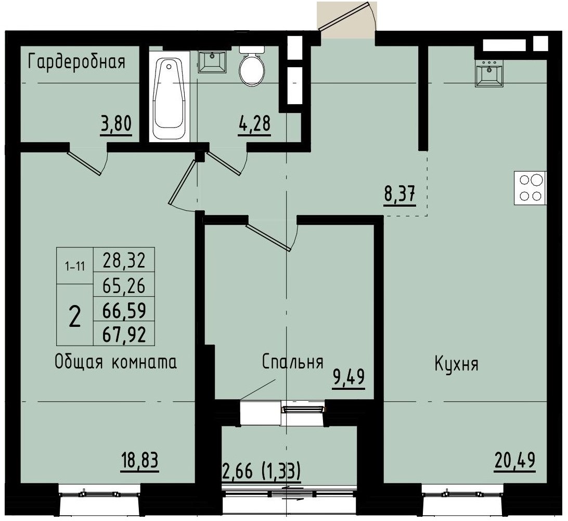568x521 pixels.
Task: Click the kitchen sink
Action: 489,73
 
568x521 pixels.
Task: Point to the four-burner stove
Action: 530,188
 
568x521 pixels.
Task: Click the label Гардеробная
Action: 77,62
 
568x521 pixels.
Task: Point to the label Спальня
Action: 293,362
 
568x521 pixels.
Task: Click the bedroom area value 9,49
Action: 349,378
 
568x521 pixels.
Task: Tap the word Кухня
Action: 456,364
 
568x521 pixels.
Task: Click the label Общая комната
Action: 115,362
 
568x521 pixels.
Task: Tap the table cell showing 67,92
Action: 124,334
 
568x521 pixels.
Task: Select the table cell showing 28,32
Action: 124,260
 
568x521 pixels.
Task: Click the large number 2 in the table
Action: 74,315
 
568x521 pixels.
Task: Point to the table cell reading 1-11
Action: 74,266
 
